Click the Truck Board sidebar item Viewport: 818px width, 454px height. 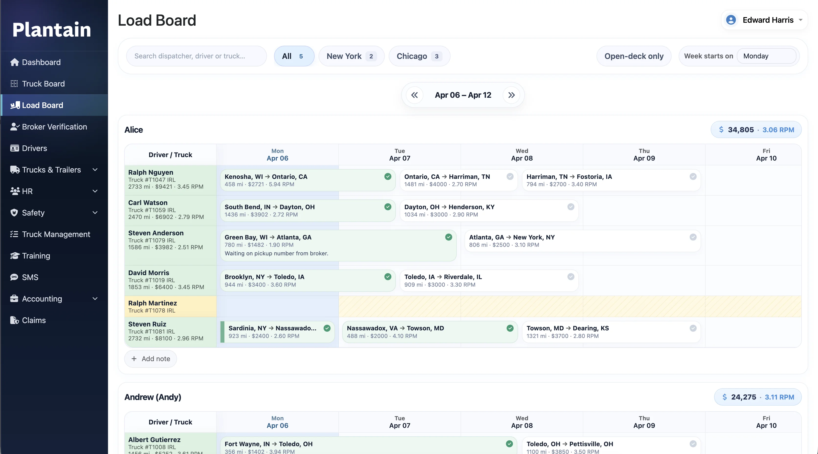[43, 84]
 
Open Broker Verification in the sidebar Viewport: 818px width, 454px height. [54, 127]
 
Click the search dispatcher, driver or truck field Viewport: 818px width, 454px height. [196, 56]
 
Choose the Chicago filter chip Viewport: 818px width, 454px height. [419, 56]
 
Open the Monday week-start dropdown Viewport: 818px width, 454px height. [766, 56]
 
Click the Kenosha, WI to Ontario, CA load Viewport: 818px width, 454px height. [302, 180]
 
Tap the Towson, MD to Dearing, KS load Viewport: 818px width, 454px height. [603, 332]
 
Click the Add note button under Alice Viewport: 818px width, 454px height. [151, 359]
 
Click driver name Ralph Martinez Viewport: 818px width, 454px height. [152, 303]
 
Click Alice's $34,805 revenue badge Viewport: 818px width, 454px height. [756, 130]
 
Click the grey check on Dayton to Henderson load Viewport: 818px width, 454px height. [571, 207]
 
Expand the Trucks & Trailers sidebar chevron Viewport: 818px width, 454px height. [95, 170]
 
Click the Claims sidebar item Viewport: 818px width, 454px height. [34, 320]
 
